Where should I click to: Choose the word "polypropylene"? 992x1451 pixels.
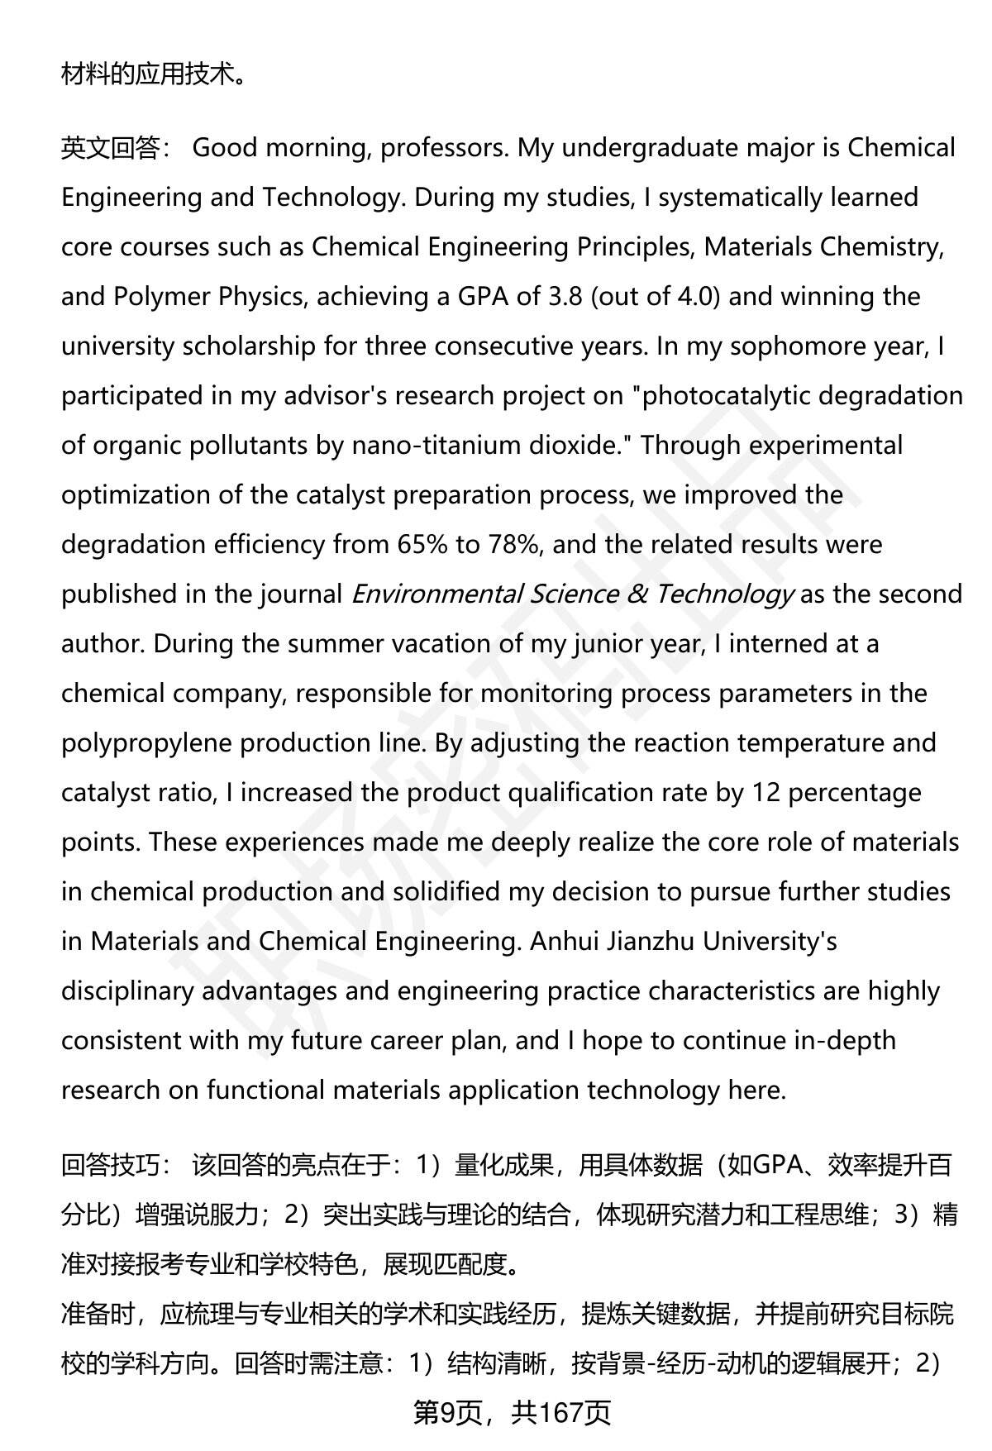pyautogui.click(x=147, y=743)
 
